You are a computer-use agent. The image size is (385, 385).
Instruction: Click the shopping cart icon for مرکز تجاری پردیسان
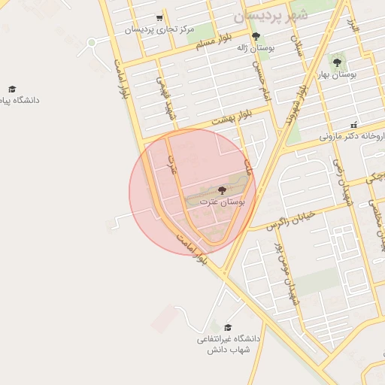pyautogui.click(x=159, y=18)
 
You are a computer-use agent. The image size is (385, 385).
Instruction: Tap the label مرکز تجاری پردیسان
pyautogui.click(x=159, y=30)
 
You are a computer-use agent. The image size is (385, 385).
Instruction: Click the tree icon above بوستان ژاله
pyautogui.click(x=256, y=36)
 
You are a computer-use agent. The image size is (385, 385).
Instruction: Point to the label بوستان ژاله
pyautogui.click(x=253, y=47)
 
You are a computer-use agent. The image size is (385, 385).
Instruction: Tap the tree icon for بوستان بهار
pyautogui.click(x=336, y=62)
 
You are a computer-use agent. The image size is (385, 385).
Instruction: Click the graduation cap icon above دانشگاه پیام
pyautogui.click(x=12, y=89)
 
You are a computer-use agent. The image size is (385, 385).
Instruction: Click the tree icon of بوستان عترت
pyautogui.click(x=221, y=190)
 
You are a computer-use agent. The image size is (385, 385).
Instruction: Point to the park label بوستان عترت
pyautogui.click(x=221, y=202)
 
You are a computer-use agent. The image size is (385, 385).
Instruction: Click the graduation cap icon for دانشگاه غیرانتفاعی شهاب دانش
pyautogui.click(x=228, y=327)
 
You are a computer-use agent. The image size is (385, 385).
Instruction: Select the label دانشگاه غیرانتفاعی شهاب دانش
pyautogui.click(x=228, y=344)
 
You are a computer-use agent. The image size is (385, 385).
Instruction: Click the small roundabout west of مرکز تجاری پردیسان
pyautogui.click(x=92, y=42)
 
